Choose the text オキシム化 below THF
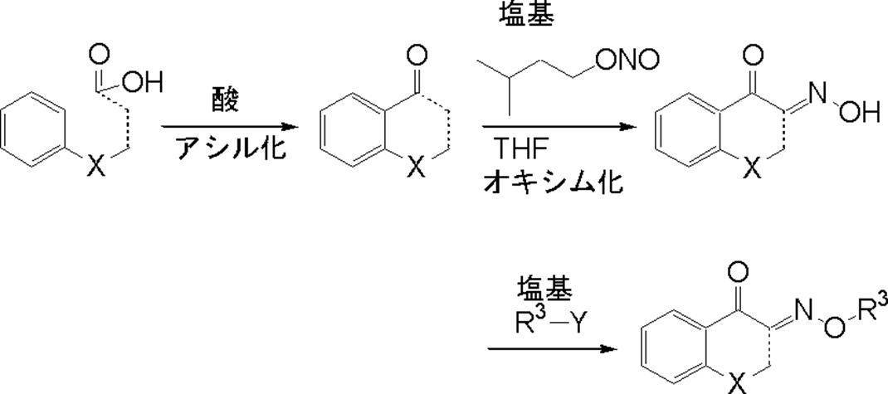point(552,180)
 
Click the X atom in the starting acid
point(97,166)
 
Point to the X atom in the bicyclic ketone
point(417,167)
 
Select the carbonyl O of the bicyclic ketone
point(417,56)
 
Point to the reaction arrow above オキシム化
point(561,127)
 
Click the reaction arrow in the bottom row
point(551,348)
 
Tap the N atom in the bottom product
point(802,311)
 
